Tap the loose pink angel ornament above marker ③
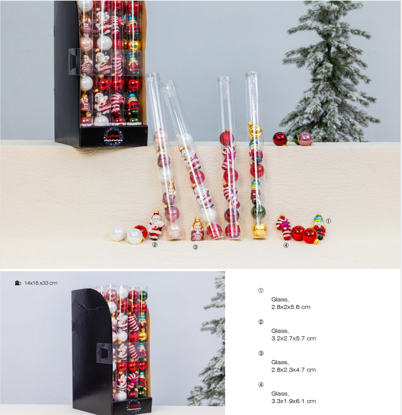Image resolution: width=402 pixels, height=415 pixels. pos(197,229)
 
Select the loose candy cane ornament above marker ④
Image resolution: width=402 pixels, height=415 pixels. pos(284,227)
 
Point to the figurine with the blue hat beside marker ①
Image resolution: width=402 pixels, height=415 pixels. pos(319,227)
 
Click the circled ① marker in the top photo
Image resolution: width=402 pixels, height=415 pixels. pos(328,221)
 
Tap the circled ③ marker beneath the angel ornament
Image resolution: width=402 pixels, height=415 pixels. pos(195,247)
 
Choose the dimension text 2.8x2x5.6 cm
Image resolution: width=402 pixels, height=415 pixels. pos(291,307)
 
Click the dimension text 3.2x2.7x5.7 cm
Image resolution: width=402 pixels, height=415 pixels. pos(294,338)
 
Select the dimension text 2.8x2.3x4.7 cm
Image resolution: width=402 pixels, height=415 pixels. pos(294,370)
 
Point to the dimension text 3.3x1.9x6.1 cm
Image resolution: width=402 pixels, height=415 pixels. pos(294,401)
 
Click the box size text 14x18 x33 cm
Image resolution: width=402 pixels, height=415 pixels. pos(41,283)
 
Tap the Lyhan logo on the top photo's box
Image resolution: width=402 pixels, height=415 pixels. pos(113,136)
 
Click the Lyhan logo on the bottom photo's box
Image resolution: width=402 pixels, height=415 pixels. pos(134,406)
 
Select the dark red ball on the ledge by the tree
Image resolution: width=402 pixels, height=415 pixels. pos(280,139)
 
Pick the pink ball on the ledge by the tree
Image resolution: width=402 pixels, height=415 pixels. pos(305,139)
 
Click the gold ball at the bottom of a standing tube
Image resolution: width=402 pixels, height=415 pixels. pos(259,229)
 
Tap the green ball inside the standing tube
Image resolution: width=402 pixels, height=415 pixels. pos(258,211)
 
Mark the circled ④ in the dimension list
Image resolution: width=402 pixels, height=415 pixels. pos(261,385)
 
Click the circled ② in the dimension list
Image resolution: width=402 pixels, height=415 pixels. pos(261,322)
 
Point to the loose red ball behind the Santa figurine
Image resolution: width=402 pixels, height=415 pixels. pos(141,231)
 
